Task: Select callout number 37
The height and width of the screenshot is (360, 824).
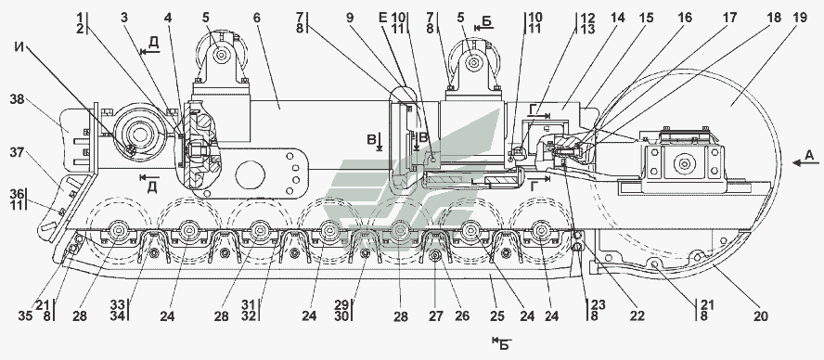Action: [18, 152]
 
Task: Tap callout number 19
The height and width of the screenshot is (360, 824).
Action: [800, 18]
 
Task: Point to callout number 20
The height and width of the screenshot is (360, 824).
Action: [760, 316]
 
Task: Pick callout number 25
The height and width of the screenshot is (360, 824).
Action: [497, 316]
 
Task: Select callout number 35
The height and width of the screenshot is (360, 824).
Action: [25, 316]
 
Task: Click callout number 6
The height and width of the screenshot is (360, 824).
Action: [256, 18]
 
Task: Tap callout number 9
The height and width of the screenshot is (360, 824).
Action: [351, 18]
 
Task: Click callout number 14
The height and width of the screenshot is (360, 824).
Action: [618, 18]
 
